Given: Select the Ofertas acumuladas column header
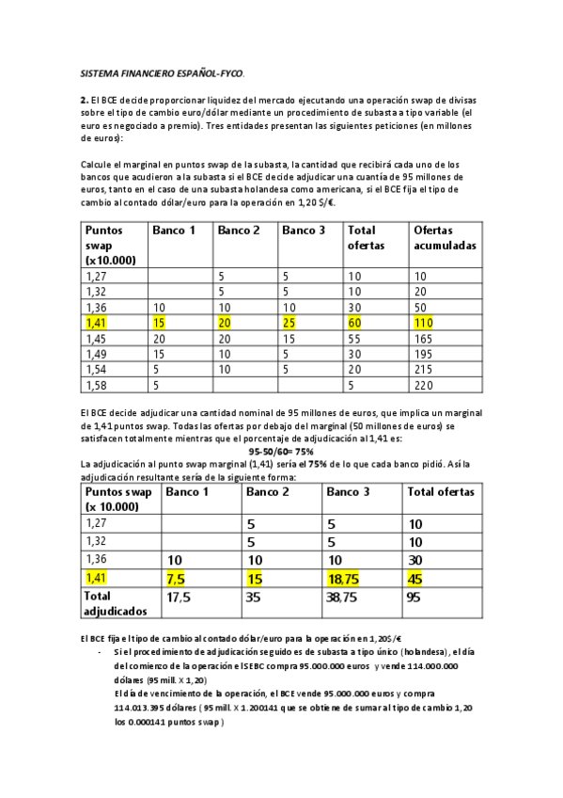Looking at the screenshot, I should click(x=445, y=237).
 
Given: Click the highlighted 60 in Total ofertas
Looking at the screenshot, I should click(x=356, y=323).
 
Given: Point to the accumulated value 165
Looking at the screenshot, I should click(x=423, y=338).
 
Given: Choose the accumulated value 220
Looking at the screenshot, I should click(x=423, y=384).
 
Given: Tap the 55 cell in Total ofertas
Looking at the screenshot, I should click(x=356, y=338).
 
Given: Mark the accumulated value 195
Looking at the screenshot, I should click(x=423, y=354).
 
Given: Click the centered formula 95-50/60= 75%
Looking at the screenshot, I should click(x=281, y=452).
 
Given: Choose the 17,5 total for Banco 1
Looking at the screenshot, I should click(x=180, y=596).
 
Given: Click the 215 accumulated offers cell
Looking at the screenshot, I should click(x=423, y=369).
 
